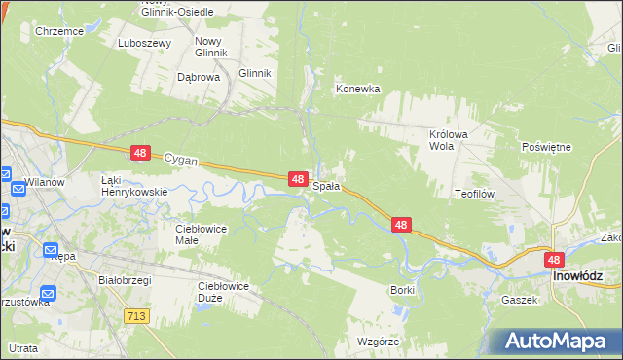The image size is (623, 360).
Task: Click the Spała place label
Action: (x=326, y=185)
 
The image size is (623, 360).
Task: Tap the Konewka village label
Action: (x=357, y=89)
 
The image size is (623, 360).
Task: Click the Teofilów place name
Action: (x=475, y=194)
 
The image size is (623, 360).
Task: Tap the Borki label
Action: (x=402, y=290)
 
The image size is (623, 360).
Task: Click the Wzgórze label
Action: (x=379, y=342)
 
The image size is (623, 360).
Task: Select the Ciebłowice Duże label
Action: (x=223, y=292)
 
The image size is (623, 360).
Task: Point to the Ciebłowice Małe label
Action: (x=201, y=234)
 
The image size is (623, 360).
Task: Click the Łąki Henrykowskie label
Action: (x=135, y=186)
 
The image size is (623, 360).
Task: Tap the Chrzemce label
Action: (x=57, y=31)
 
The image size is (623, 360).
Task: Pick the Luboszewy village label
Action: (x=144, y=43)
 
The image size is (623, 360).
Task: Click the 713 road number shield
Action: (x=136, y=315)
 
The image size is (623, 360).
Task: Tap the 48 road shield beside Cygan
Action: (x=141, y=153)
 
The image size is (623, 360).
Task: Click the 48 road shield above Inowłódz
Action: (x=554, y=260)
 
